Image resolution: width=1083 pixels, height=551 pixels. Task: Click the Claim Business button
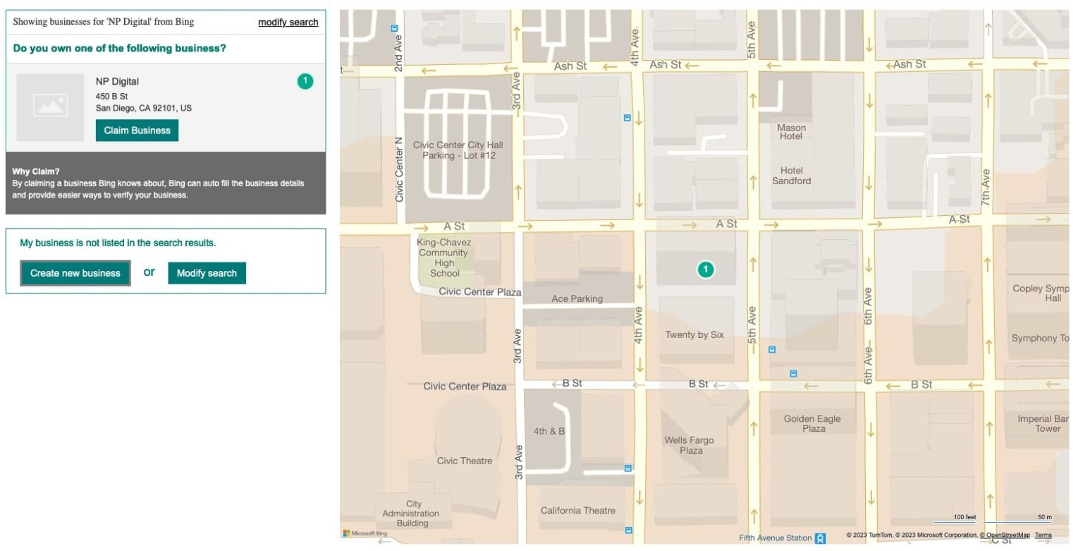click(x=137, y=131)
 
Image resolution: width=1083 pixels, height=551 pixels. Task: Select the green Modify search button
click(x=207, y=273)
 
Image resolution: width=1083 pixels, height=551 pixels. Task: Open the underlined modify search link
click(x=288, y=22)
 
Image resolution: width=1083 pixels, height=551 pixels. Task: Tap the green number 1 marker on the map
click(x=705, y=269)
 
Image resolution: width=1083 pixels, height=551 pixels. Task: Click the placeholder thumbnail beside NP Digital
click(x=50, y=107)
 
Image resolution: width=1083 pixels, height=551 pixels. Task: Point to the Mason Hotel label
click(x=791, y=132)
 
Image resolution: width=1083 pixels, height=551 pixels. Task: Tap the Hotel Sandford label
click(x=791, y=176)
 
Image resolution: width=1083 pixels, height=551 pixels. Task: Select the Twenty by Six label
click(x=695, y=334)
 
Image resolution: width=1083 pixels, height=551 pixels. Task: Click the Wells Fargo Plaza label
click(x=689, y=445)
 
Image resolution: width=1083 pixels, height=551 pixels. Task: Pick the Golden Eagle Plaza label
click(x=812, y=423)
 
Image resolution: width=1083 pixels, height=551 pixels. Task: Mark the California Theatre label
click(x=577, y=510)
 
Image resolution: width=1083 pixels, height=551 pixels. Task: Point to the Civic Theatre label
click(x=464, y=461)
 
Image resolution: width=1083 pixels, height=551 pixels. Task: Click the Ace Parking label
click(x=577, y=298)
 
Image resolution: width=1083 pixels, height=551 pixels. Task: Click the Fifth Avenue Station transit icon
click(x=820, y=538)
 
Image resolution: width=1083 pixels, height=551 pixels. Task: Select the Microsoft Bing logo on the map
click(x=365, y=533)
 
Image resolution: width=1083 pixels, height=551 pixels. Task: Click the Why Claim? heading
click(x=36, y=171)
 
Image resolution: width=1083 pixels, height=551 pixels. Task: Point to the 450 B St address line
click(x=111, y=96)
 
